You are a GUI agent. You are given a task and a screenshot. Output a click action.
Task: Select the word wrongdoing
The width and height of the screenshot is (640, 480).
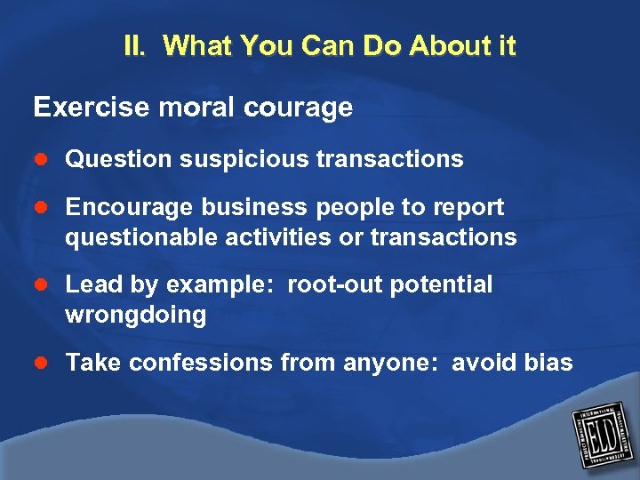pyautogui.click(x=135, y=316)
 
